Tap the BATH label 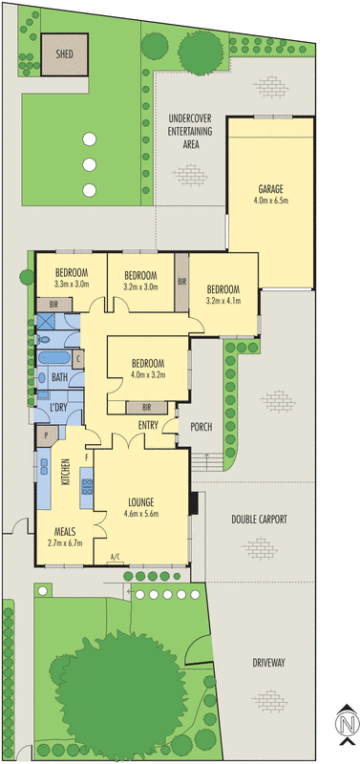pyautogui.click(x=59, y=378)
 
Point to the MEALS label pyautogui.click(x=64, y=532)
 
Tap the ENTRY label pyautogui.click(x=147, y=425)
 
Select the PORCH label pyautogui.click(x=201, y=427)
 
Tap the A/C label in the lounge pyautogui.click(x=116, y=556)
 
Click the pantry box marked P pyautogui.click(x=47, y=436)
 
